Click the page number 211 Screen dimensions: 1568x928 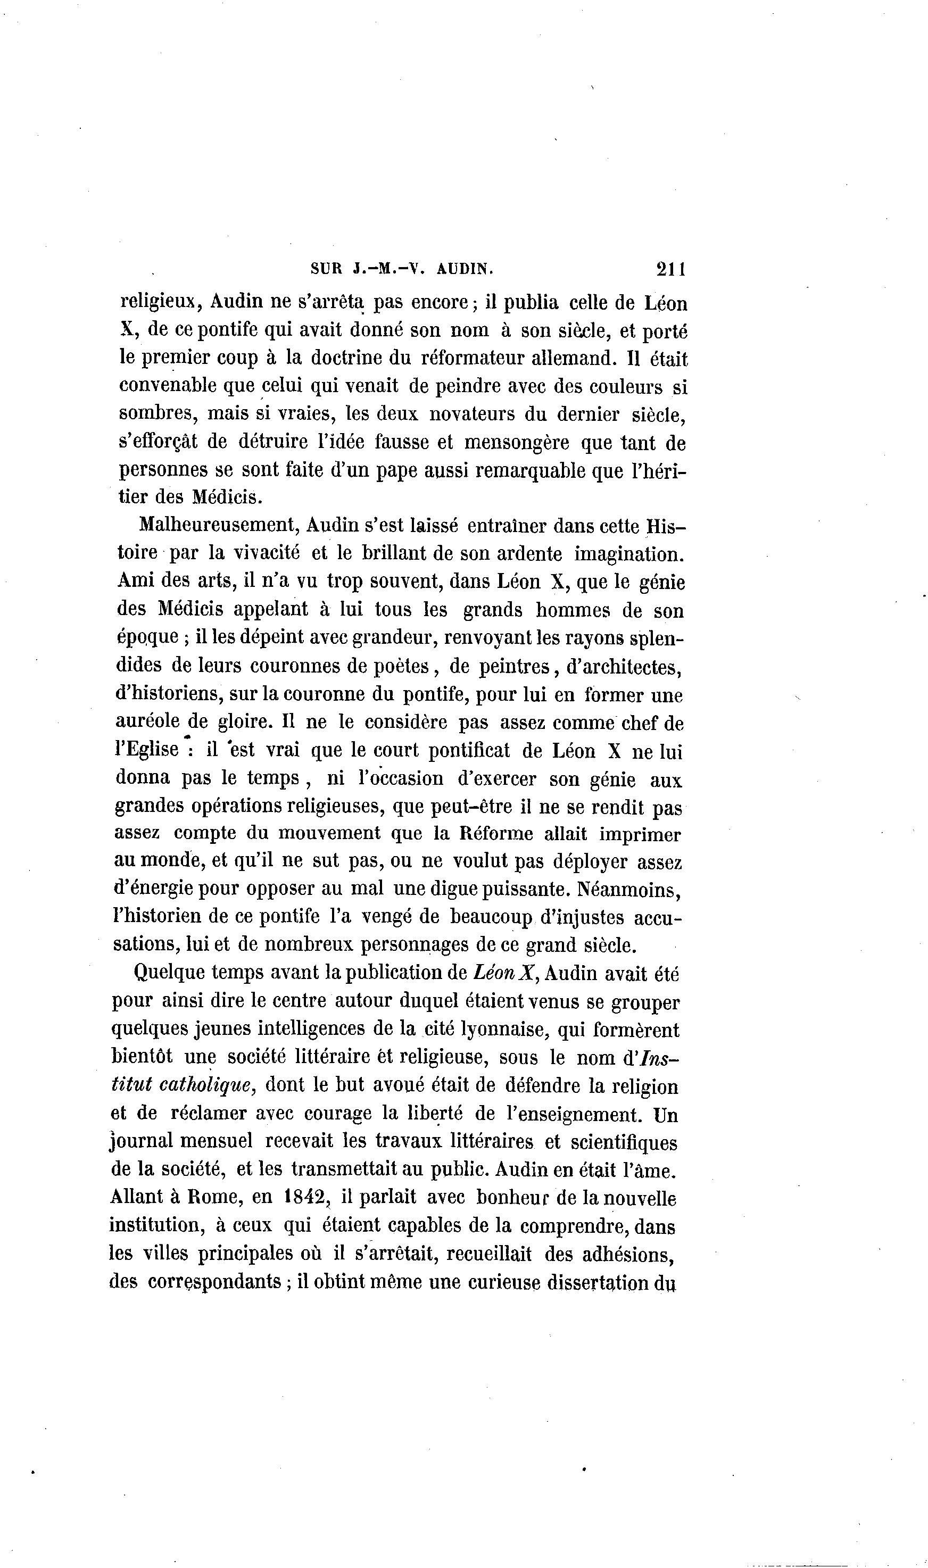click(x=671, y=269)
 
